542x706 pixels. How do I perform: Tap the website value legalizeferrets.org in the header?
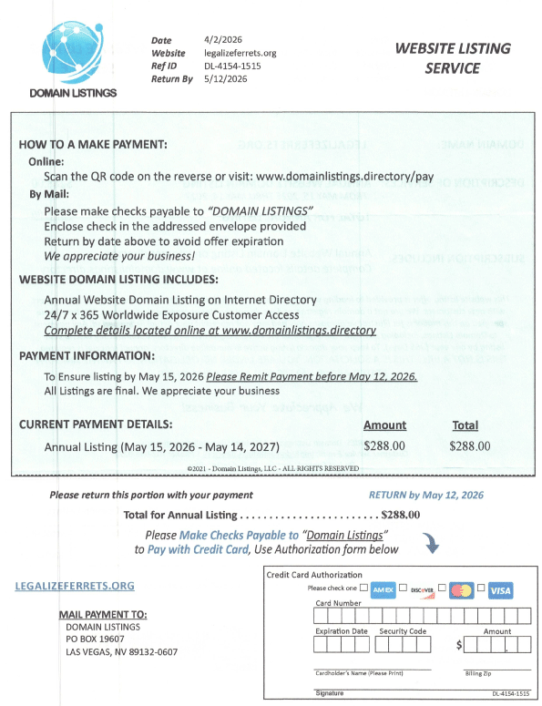[x=240, y=53]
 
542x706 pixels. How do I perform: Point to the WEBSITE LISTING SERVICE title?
[x=453, y=58]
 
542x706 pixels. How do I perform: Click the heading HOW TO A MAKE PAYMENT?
[x=93, y=145]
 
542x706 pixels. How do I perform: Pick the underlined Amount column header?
[x=384, y=425]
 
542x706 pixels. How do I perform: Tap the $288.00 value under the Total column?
[x=470, y=446]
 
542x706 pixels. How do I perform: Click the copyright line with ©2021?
[x=272, y=468]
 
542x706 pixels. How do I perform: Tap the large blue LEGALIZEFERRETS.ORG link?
[x=75, y=586]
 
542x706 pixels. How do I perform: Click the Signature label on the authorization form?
[x=330, y=694]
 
